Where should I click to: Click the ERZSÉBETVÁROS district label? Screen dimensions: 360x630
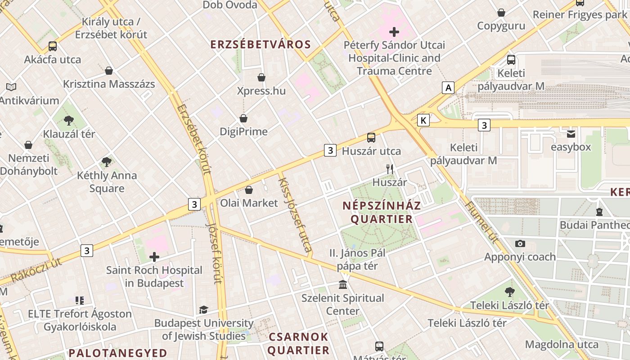pyautogui.click(x=261, y=44)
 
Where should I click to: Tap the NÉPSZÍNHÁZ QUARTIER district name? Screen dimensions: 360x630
pyautogui.click(x=382, y=212)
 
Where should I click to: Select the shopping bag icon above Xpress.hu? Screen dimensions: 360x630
pyautogui.click(x=261, y=77)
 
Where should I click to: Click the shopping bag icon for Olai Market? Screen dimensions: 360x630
pyautogui.click(x=249, y=190)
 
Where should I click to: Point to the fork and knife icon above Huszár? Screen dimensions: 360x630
pyautogui.click(x=390, y=169)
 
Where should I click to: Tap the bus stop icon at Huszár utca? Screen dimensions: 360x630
pyautogui.click(x=371, y=138)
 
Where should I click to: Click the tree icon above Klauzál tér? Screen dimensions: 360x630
pyautogui.click(x=69, y=120)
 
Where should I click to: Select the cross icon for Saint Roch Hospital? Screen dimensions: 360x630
pyautogui.click(x=154, y=257)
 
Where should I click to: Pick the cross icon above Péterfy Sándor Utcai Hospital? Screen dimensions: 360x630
pyautogui.click(x=394, y=32)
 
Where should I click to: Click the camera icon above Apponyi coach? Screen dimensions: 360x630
pyautogui.click(x=520, y=244)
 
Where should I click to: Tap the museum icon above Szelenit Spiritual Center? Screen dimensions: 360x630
pyautogui.click(x=343, y=285)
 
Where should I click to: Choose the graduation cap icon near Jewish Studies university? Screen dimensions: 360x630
pyautogui.click(x=204, y=310)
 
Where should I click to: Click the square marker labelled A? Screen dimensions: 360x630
pyautogui.click(x=448, y=88)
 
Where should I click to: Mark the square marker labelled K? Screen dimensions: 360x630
pyautogui.click(x=423, y=120)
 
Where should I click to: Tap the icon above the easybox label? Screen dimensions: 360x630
pyautogui.click(x=571, y=134)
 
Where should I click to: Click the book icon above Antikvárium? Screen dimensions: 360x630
pyautogui.click(x=11, y=87)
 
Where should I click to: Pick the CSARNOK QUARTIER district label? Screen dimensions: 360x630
pyautogui.click(x=299, y=343)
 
